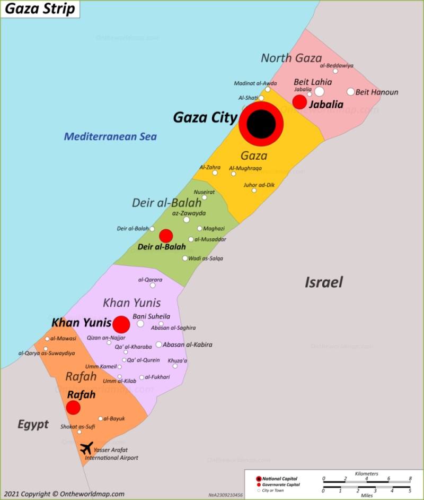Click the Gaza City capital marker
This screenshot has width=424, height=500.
click(x=261, y=124)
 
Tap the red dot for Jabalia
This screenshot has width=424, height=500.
click(x=299, y=102)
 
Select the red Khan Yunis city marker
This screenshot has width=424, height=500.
click(x=121, y=324)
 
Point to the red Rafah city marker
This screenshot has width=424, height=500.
click(x=73, y=408)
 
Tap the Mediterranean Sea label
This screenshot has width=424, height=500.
click(x=110, y=136)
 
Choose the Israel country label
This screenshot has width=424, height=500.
click(x=323, y=282)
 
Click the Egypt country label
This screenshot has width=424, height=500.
click(x=33, y=424)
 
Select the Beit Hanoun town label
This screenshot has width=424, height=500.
click(x=377, y=92)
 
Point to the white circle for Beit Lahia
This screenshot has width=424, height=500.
click(x=319, y=91)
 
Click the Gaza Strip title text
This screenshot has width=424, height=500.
click(x=40, y=9)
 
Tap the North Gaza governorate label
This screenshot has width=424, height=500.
click(x=291, y=58)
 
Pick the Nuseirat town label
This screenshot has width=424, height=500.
click(x=204, y=192)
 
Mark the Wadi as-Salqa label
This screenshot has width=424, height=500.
click(x=206, y=258)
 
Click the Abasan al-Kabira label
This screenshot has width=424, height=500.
click(x=188, y=344)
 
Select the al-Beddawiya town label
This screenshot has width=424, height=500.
click(x=337, y=66)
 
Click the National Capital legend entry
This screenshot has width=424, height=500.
click(x=279, y=479)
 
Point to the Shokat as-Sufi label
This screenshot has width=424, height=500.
click(x=78, y=426)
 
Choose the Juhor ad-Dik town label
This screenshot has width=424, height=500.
click(x=259, y=185)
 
